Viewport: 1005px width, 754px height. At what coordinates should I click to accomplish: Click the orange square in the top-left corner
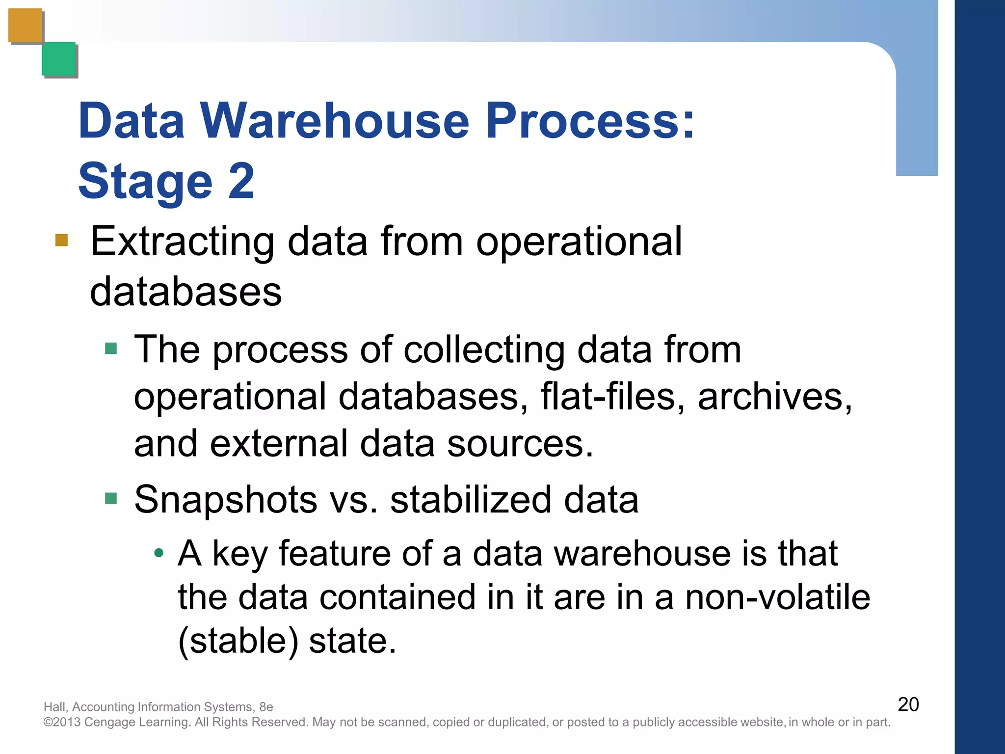pyautogui.click(x=26, y=26)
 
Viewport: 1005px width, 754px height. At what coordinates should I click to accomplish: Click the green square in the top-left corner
pyautogui.click(x=59, y=59)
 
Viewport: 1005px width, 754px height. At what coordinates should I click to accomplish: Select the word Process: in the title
pyautogui.click(x=590, y=121)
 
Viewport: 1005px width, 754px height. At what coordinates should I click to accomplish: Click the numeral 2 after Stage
pyautogui.click(x=241, y=181)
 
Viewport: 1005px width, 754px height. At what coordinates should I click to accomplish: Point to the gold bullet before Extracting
pyautogui.click(x=61, y=240)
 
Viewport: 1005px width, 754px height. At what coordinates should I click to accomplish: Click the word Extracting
pyautogui.click(x=182, y=242)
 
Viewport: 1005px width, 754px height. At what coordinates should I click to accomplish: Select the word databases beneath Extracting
pyautogui.click(x=186, y=292)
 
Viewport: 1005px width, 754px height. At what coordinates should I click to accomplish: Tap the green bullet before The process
pyautogui.click(x=111, y=349)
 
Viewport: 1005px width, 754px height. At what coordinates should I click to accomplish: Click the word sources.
pyautogui.click(x=520, y=443)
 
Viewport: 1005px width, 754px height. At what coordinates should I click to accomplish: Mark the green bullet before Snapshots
pyautogui.click(x=111, y=499)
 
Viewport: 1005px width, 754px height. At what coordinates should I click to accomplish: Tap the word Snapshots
pyautogui.click(x=226, y=500)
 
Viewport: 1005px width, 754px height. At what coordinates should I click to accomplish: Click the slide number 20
pyautogui.click(x=908, y=704)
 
